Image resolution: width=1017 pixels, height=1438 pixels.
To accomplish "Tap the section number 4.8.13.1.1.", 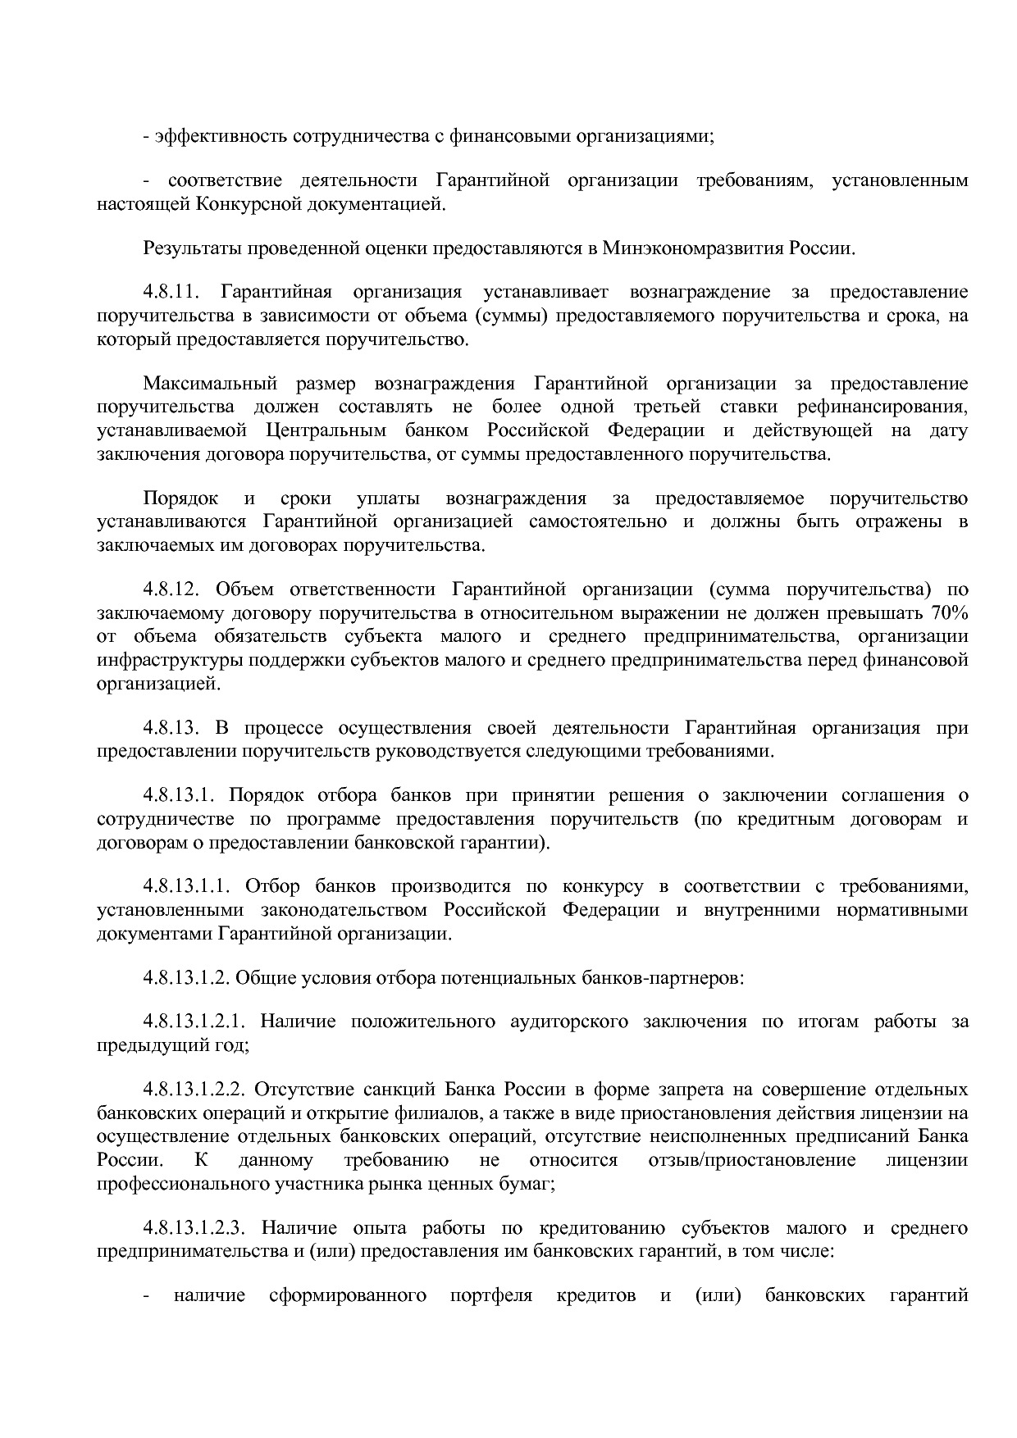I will (x=189, y=886).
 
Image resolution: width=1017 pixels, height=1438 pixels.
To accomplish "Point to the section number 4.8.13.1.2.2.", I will (x=195, y=1090).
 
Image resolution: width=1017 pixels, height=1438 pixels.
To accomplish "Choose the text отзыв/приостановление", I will (x=751, y=1160).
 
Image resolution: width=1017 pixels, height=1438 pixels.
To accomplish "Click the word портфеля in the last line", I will (x=491, y=1295).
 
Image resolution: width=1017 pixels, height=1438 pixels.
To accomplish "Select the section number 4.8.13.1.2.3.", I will (x=195, y=1228).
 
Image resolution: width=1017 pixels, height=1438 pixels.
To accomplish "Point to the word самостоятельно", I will (x=598, y=521).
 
